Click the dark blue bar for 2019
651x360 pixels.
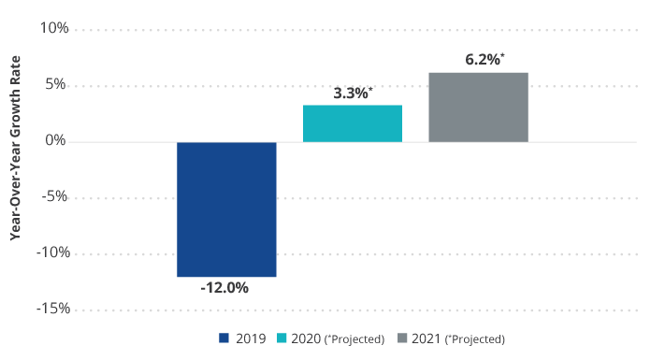coord(226,209)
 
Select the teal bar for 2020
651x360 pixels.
coord(353,123)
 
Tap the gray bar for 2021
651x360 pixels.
coord(478,107)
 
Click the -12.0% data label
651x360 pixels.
coord(224,288)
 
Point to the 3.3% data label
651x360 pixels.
coord(352,93)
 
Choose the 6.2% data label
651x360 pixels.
coord(483,60)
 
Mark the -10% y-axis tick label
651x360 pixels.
coord(52,253)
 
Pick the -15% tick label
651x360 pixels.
coord(52,310)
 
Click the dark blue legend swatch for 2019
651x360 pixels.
coord(224,338)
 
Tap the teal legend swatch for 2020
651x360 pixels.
coord(281,338)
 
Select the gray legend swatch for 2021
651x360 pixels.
coord(402,338)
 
